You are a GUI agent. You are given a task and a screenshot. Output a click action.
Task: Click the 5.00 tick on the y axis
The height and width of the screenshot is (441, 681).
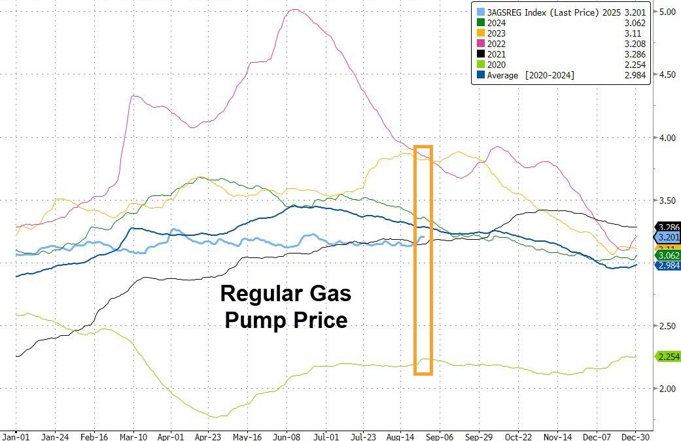coord(667,12)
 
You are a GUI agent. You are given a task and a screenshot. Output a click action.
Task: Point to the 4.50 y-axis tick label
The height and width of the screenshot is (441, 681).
coord(667,75)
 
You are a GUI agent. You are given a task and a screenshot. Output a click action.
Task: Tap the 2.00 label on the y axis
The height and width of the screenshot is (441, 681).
coord(667,389)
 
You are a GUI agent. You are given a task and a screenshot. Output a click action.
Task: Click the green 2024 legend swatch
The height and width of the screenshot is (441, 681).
coord(481,22)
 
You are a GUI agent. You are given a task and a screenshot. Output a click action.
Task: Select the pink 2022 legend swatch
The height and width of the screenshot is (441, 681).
coord(481,43)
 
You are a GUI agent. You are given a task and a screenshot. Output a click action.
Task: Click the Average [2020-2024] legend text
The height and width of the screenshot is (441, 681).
coord(531,75)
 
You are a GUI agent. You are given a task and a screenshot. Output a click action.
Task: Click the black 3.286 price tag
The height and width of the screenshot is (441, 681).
coord(667,227)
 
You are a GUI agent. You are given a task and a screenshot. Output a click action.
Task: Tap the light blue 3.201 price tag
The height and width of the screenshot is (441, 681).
coord(667,237)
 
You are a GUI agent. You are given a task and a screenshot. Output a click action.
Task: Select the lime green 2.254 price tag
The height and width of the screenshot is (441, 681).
coord(667,356)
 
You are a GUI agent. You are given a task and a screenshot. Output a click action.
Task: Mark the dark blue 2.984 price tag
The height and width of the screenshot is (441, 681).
coord(667,265)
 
